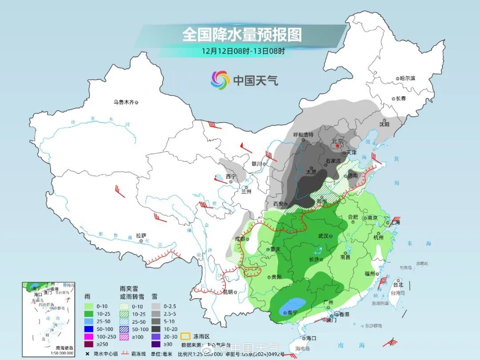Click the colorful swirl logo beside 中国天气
pos(220,80)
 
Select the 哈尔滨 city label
pos(407,78)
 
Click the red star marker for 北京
pos(337,146)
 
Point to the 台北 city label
pos(398,285)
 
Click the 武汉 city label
pos(323,236)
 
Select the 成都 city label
pos(240,239)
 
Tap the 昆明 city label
pos(228,292)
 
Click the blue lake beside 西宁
pos(219,179)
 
